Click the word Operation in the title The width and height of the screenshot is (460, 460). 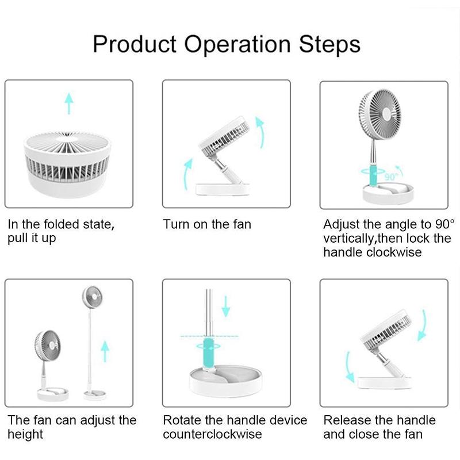[241, 44]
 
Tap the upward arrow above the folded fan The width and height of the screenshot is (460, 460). [69, 103]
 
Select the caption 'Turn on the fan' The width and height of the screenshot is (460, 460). [207, 224]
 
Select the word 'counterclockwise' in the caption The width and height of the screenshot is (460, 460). [212, 434]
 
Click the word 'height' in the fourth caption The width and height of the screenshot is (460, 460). [25, 434]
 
